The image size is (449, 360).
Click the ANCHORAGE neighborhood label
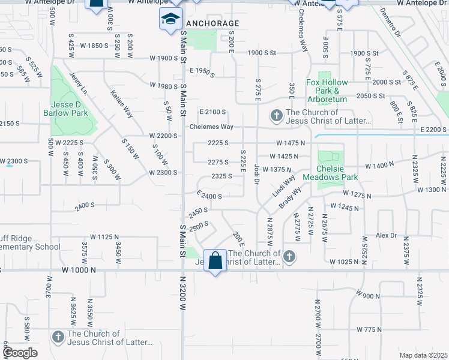click(212, 23)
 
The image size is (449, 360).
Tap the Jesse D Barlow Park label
click(66, 109)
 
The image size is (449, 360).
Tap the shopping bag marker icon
click(215, 261)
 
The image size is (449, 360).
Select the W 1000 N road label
click(78, 271)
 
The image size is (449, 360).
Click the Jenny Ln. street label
click(78, 84)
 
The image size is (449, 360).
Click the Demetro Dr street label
click(390, 23)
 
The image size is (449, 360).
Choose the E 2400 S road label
click(209, 195)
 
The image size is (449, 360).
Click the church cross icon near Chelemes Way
click(276, 115)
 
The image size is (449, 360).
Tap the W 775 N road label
click(369, 329)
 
